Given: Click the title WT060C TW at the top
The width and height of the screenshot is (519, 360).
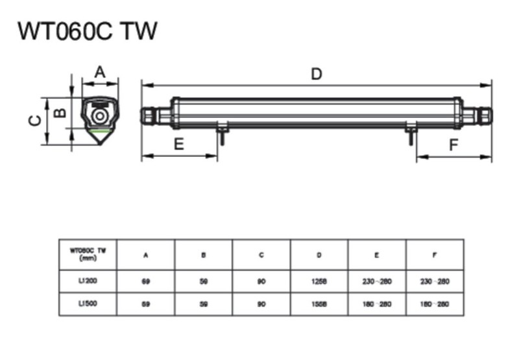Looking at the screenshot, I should point(88,31).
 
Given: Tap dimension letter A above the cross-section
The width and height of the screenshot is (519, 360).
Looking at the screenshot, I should point(99,72).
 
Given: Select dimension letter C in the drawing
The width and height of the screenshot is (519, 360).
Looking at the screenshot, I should point(36,121).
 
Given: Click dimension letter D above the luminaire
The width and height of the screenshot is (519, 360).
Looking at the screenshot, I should point(316,74).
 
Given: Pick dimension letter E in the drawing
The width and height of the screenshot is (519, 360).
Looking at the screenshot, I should point(179,144).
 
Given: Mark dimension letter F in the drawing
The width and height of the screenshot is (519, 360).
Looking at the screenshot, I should point(453,145).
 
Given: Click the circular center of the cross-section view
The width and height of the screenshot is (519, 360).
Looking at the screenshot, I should point(100,116).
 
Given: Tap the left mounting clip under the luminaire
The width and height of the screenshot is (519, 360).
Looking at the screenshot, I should point(221,133).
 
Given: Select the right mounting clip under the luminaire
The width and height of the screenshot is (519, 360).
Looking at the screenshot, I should point(411,133).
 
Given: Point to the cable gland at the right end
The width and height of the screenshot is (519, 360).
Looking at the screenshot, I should point(484,115).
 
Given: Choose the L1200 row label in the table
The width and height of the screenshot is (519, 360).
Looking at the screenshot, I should point(87,281).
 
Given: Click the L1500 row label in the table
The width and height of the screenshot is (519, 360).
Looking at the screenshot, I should point(87,304).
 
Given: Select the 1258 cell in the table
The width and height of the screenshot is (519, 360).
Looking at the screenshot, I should point(319,282).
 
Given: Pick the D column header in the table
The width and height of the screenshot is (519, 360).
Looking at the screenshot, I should point(319,256).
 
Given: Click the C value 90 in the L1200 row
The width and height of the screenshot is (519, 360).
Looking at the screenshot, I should point(261,282).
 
